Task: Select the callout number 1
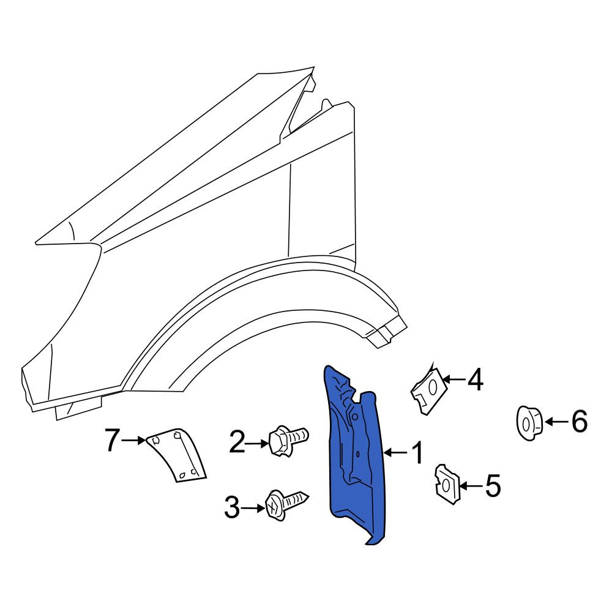417,453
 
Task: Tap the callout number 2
237,442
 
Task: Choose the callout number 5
493,487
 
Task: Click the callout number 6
580,422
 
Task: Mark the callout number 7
112,440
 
